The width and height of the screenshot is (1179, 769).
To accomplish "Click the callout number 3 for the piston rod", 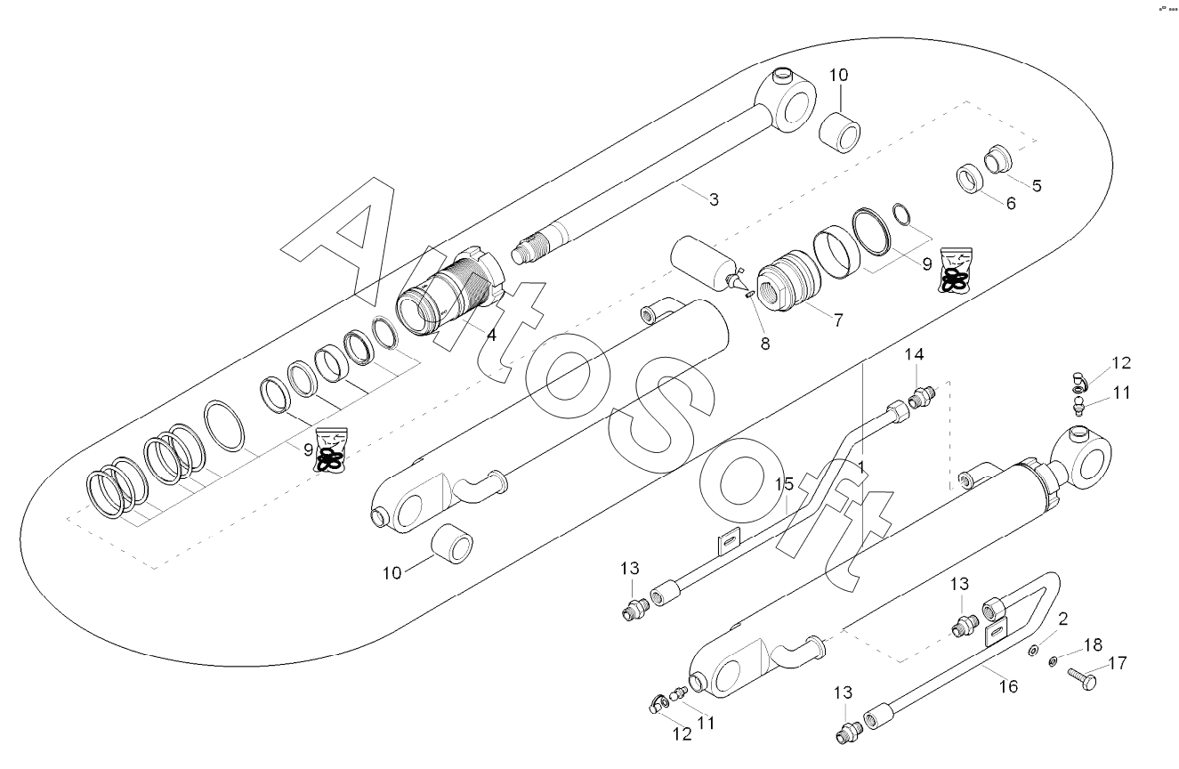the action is click(714, 200).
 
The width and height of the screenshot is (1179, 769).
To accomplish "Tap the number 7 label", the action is click(838, 320).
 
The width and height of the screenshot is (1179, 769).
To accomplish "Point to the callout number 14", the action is click(914, 355).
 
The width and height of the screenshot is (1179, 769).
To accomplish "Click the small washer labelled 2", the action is click(1033, 652).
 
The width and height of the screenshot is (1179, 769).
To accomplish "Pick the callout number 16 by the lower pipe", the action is click(1008, 686).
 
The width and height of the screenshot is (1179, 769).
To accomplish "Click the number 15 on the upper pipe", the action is click(784, 484).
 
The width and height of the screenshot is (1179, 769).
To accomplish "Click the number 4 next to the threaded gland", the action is click(491, 336).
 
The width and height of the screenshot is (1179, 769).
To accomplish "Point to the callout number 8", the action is click(764, 344).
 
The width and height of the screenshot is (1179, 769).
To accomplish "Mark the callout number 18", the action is click(1094, 644).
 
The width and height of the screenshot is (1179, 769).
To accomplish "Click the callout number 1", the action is click(861, 466).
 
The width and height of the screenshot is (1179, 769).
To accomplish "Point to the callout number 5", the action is click(1037, 186).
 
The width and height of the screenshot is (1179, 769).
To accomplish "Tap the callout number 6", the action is click(1011, 203).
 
